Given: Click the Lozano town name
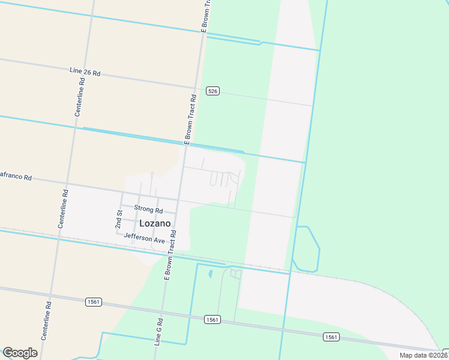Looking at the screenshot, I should (x=155, y=223).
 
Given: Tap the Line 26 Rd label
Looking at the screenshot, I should (x=85, y=72).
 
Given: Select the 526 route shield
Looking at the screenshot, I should (x=212, y=91).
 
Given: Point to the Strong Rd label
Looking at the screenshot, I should (x=148, y=209).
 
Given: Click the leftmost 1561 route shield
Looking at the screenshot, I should (x=93, y=302).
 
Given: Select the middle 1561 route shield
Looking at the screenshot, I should (x=212, y=319).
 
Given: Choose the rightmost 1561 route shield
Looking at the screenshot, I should (x=331, y=337).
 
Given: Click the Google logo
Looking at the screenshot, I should (x=20, y=353).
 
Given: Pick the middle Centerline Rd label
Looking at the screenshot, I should (x=62, y=209).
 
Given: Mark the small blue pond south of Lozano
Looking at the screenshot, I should (x=210, y=274).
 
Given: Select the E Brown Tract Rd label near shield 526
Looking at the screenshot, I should (x=190, y=119).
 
